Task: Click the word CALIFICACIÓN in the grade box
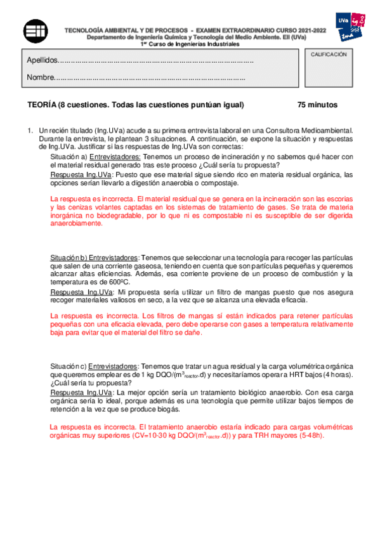(329, 56)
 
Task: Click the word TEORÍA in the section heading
(42, 105)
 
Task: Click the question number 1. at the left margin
(30, 129)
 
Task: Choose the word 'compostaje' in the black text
(219, 183)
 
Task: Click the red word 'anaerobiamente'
(74, 223)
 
